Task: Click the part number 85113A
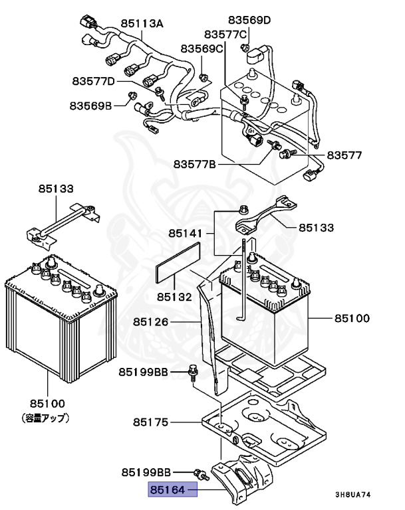[x=142, y=23]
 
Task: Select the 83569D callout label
[x=249, y=20]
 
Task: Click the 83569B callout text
[x=90, y=104]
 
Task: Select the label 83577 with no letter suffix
[x=344, y=155]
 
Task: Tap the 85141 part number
[x=184, y=233]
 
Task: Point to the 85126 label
[x=151, y=321]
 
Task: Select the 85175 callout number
[x=151, y=422]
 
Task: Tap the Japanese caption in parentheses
[x=47, y=418]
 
